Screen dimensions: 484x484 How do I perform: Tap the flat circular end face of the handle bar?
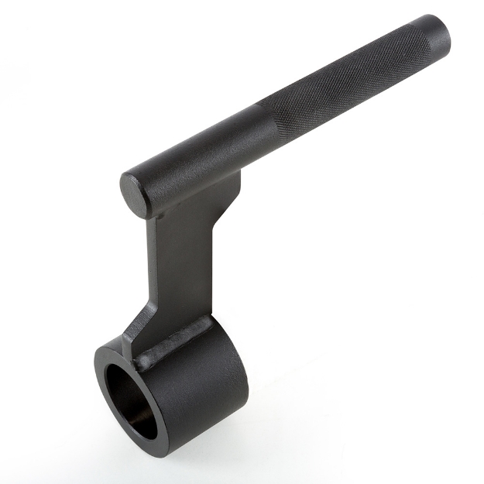click(135, 193)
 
